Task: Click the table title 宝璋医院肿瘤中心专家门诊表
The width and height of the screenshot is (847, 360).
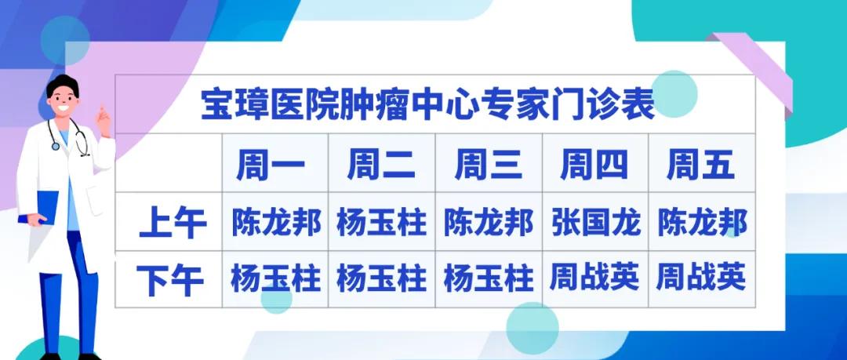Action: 427,105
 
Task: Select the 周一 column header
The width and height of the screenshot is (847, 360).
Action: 275,166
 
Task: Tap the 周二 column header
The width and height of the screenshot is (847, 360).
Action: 381,166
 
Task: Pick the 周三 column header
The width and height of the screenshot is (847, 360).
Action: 488,166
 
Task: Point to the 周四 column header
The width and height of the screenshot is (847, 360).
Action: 594,166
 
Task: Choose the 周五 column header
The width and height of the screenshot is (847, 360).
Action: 700,166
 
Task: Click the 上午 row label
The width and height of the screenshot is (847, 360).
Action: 172,224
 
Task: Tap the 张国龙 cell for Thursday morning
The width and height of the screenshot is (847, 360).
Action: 595,223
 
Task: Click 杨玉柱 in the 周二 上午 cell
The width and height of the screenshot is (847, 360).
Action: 381,223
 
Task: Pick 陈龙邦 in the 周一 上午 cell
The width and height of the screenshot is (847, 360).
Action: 276,223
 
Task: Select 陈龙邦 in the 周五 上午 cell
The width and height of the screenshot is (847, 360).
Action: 701,223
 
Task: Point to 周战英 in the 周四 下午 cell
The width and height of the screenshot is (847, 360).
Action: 594,278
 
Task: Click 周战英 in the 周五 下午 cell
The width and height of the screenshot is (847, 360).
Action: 701,278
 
